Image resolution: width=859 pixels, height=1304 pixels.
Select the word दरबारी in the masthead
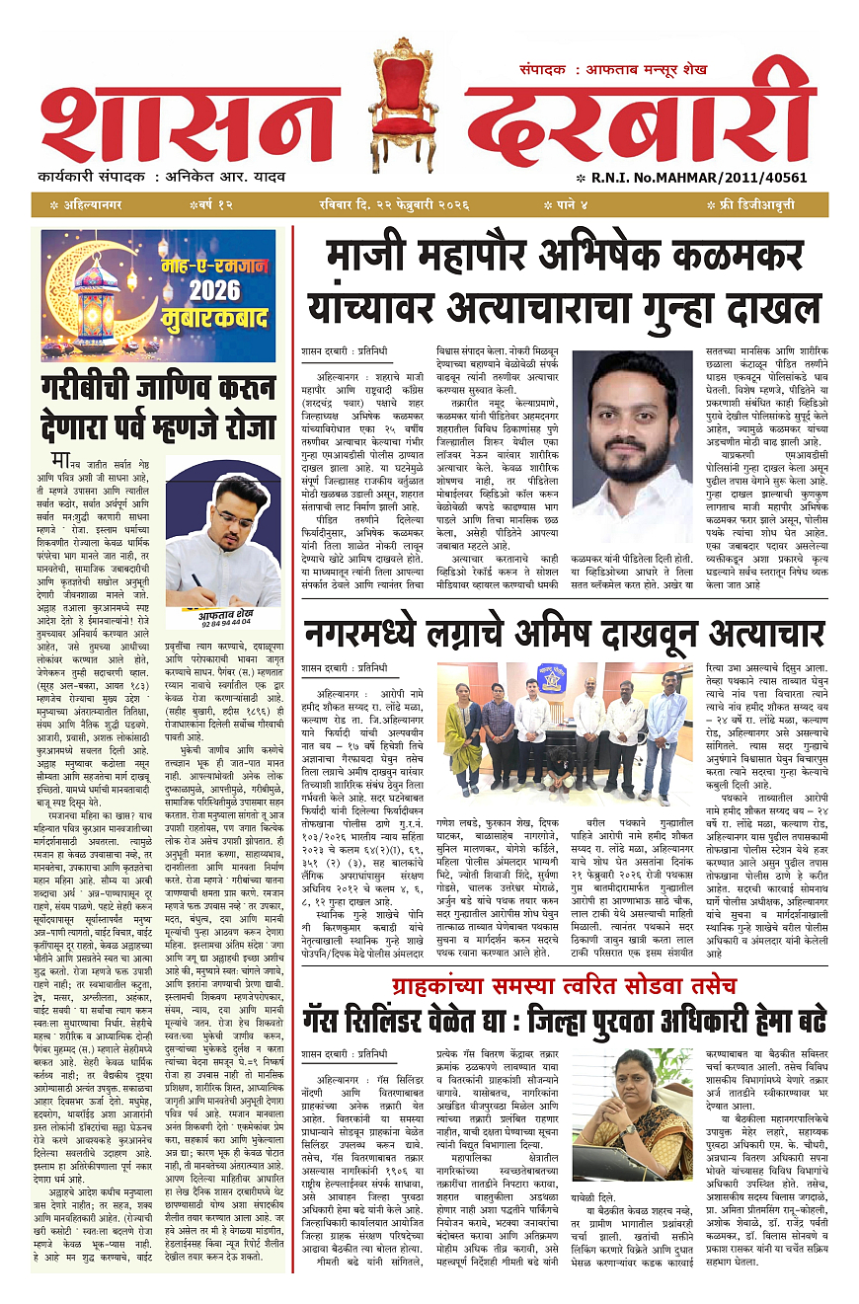[642, 118]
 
